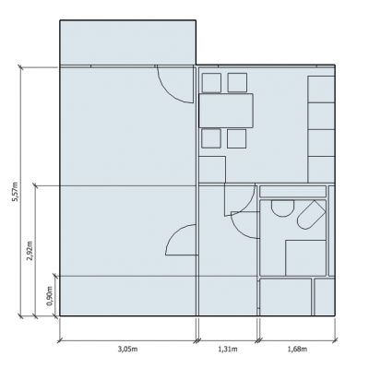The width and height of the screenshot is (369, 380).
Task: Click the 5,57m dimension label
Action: click(15, 192)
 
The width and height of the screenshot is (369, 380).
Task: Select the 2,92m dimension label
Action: click(30, 251)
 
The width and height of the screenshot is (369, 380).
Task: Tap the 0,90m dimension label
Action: click(50, 296)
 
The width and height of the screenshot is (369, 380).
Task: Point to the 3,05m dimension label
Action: click(127, 349)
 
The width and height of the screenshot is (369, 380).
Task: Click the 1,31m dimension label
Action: click(228, 349)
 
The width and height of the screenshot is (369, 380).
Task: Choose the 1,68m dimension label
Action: click(297, 349)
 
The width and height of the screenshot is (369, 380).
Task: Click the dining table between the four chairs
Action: click(226, 111)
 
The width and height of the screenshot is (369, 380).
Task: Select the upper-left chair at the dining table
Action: click(211, 82)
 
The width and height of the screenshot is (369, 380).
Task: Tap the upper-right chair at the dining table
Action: click(237, 82)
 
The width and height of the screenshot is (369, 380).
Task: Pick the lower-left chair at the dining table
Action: click(211, 138)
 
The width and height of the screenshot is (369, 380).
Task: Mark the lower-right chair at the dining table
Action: click(237, 138)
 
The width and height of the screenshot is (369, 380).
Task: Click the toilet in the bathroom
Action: click(311, 215)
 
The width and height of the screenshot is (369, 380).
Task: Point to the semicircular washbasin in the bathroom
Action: click(282, 208)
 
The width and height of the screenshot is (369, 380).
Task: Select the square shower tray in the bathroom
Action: click(305, 258)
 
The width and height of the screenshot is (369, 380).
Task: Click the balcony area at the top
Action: click(127, 42)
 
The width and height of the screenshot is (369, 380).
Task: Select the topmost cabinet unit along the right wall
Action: click(321, 89)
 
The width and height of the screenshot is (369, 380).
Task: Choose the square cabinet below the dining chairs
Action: click(212, 170)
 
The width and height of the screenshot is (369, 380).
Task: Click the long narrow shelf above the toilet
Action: click(292, 192)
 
